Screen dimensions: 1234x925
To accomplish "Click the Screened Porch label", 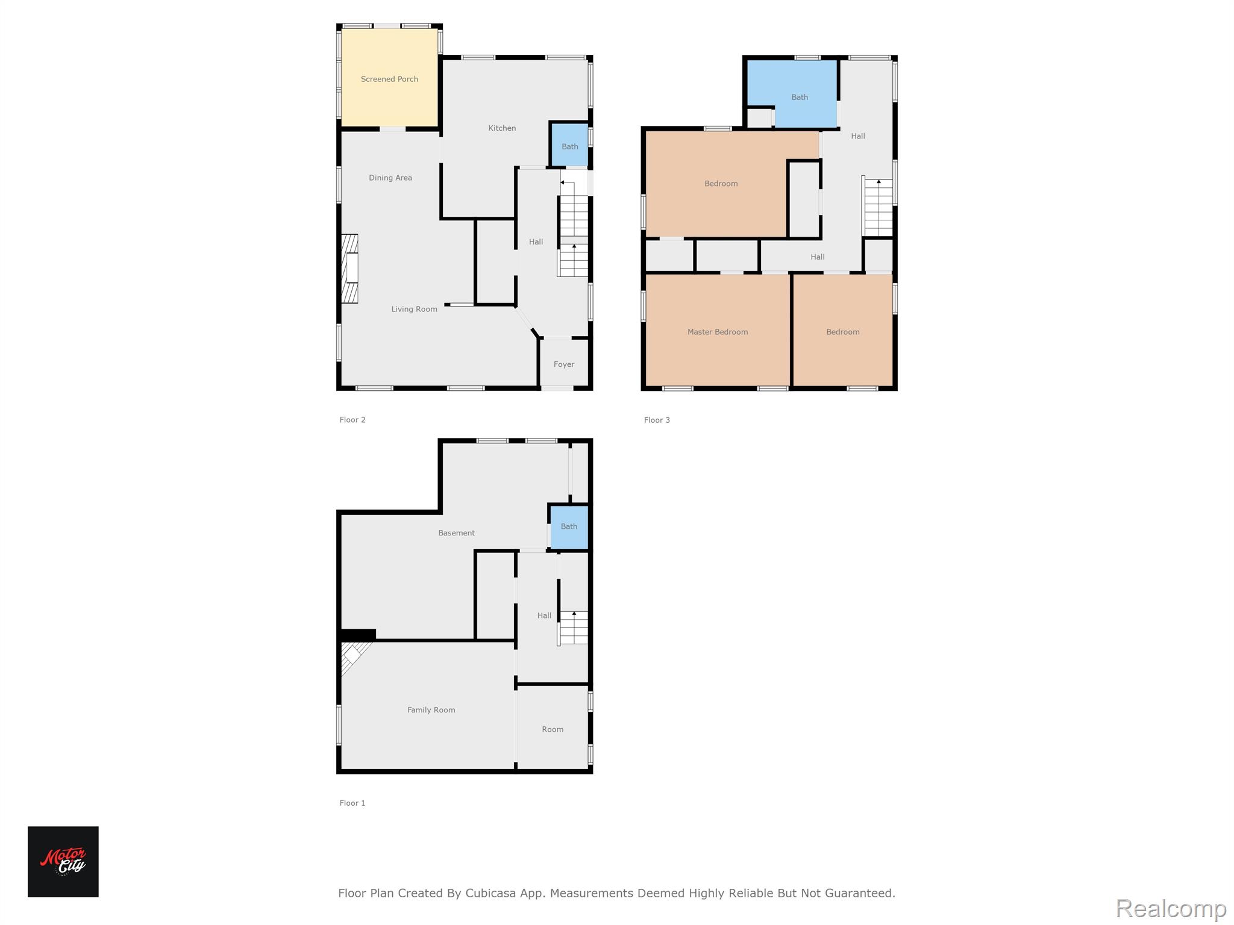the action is click(389, 79).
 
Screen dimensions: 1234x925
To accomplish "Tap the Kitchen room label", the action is click(502, 128).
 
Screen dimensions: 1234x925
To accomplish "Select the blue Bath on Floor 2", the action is click(569, 145).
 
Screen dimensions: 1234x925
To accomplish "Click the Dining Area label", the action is click(390, 178).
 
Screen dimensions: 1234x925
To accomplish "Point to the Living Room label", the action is click(415, 309).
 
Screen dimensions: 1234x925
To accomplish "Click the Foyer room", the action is click(564, 363).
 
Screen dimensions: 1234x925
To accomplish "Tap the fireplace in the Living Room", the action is click(350, 269).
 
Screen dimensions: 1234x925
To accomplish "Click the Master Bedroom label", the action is click(718, 332).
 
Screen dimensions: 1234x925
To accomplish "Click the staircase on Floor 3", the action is click(878, 207).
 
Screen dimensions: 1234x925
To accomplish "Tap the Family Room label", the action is click(431, 710).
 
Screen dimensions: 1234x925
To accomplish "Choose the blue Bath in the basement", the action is click(569, 527).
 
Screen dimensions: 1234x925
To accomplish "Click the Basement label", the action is click(457, 533).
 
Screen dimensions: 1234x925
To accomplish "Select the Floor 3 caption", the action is click(657, 420).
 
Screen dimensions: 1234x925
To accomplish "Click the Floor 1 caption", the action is click(352, 803).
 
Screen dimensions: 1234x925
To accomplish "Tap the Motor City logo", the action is click(63, 862).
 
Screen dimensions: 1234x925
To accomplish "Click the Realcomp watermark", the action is click(1171, 909).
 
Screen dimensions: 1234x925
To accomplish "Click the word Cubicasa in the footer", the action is click(490, 893).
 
